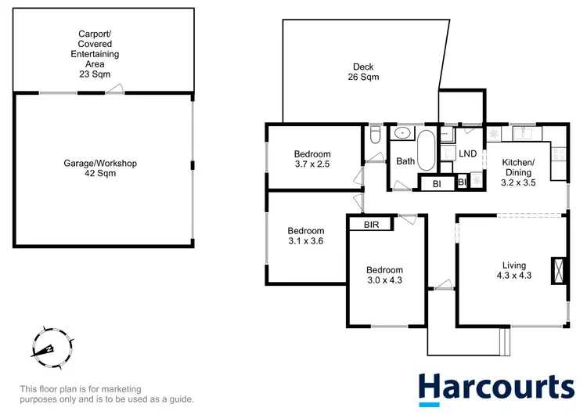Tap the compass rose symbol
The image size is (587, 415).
[x=49, y=345]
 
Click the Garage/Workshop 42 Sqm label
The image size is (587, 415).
[x=100, y=168]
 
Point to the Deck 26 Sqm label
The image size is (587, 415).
[x=364, y=72]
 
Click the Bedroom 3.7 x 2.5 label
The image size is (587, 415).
[x=312, y=159]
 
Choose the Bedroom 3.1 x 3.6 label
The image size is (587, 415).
[x=305, y=236]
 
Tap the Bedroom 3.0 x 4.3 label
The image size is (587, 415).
[x=384, y=275]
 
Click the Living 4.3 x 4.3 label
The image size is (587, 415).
[x=514, y=270]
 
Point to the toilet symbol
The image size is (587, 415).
[x=375, y=138]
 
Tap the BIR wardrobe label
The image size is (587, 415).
[x=372, y=225]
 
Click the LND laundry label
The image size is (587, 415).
[x=468, y=153]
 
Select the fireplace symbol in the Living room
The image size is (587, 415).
[x=557, y=270]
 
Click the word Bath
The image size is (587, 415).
[x=405, y=161]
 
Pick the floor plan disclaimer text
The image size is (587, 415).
[x=106, y=394]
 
